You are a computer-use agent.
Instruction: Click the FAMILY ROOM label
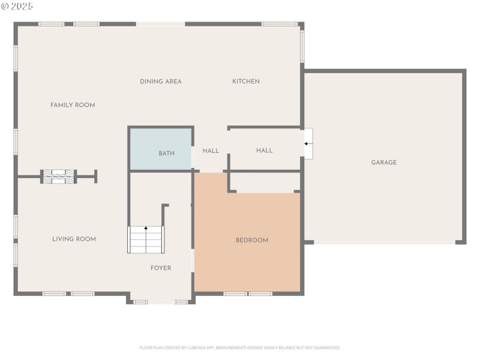click(73, 105)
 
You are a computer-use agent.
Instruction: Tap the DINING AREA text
click(161, 82)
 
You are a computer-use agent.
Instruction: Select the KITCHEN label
click(246, 82)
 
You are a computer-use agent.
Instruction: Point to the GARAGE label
click(383, 163)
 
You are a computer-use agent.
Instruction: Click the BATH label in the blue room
click(166, 154)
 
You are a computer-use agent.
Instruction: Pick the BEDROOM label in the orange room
click(251, 240)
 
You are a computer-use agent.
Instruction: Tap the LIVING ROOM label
click(74, 239)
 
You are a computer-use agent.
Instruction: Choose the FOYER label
click(161, 268)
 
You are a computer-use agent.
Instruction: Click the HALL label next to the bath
click(211, 151)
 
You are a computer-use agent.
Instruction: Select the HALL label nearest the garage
click(265, 151)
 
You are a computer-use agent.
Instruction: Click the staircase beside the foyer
click(146, 240)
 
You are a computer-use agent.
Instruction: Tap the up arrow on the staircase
click(146, 229)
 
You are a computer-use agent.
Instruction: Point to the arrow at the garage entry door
click(308, 143)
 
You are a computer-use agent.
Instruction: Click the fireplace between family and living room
click(59, 176)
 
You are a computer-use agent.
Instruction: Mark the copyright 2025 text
click(17, 6)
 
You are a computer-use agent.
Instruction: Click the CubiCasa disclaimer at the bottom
click(240, 347)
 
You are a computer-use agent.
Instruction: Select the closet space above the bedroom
click(265, 182)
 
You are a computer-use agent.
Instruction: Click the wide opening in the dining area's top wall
click(160, 24)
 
